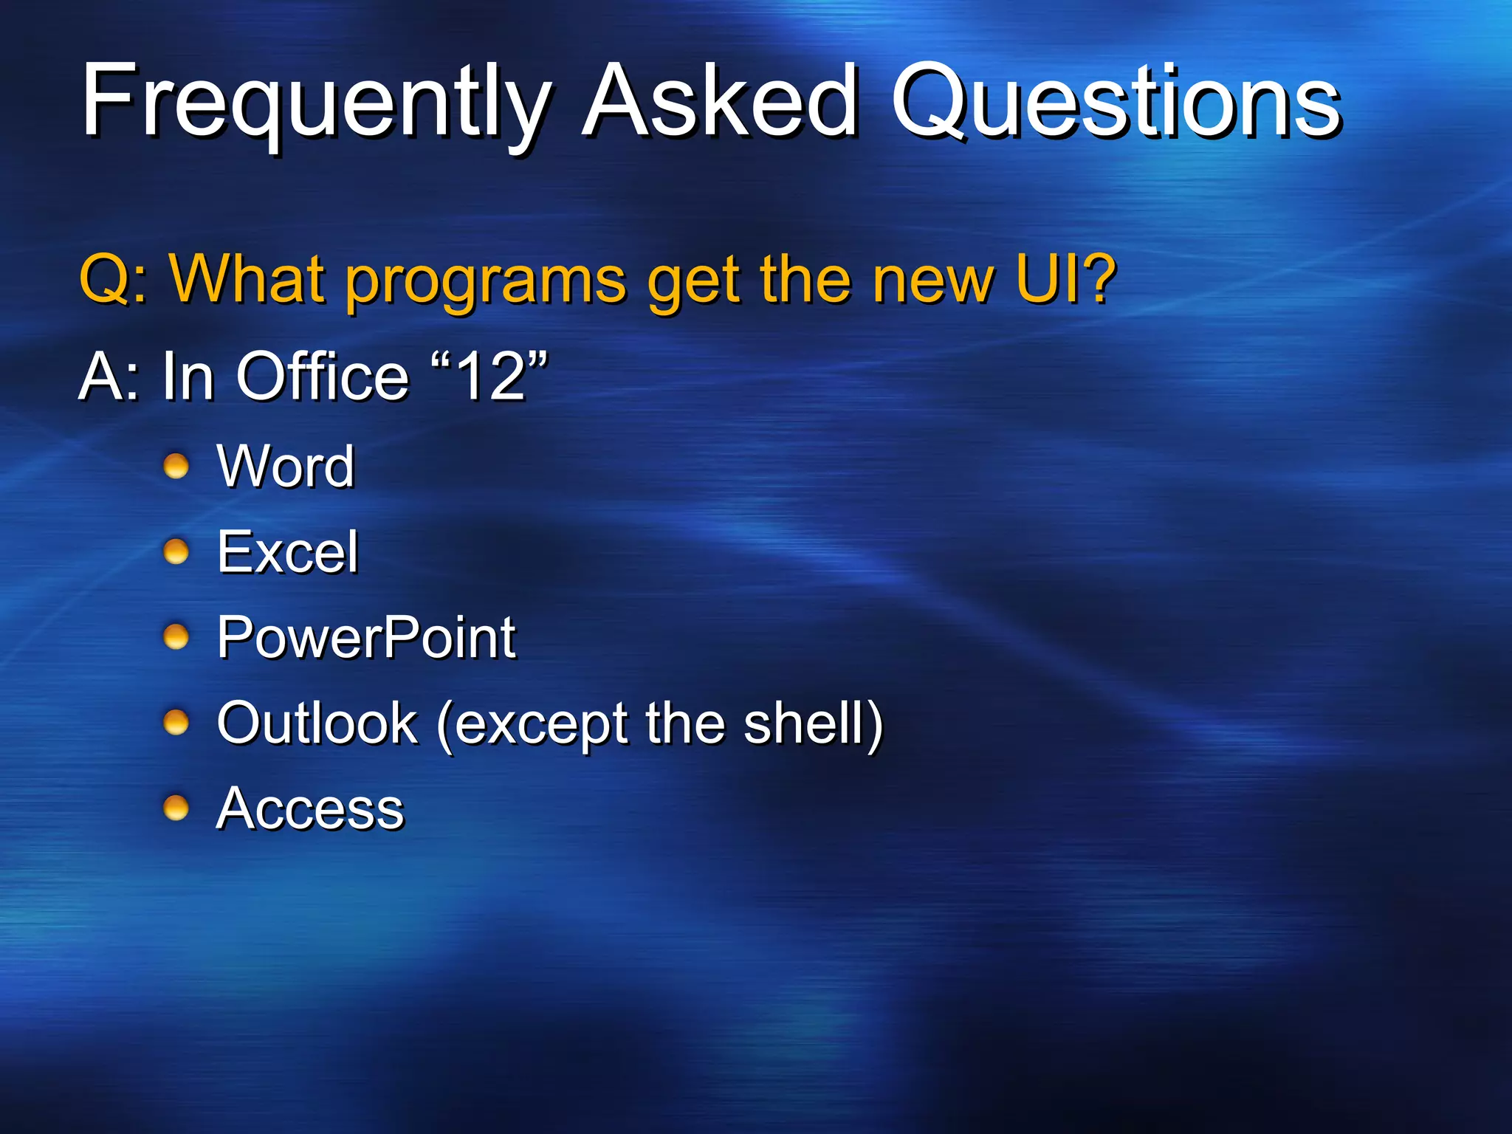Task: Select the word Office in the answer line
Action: coord(322,377)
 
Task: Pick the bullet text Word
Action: coord(286,467)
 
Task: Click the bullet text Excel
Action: coord(287,552)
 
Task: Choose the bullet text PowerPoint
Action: coord(366,638)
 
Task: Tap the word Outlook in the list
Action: coord(317,723)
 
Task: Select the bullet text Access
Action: coord(310,809)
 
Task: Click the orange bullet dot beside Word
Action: coord(176,467)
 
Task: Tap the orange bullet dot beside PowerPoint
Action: coord(176,637)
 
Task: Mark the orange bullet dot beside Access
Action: coord(176,808)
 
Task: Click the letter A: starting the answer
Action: coord(109,377)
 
